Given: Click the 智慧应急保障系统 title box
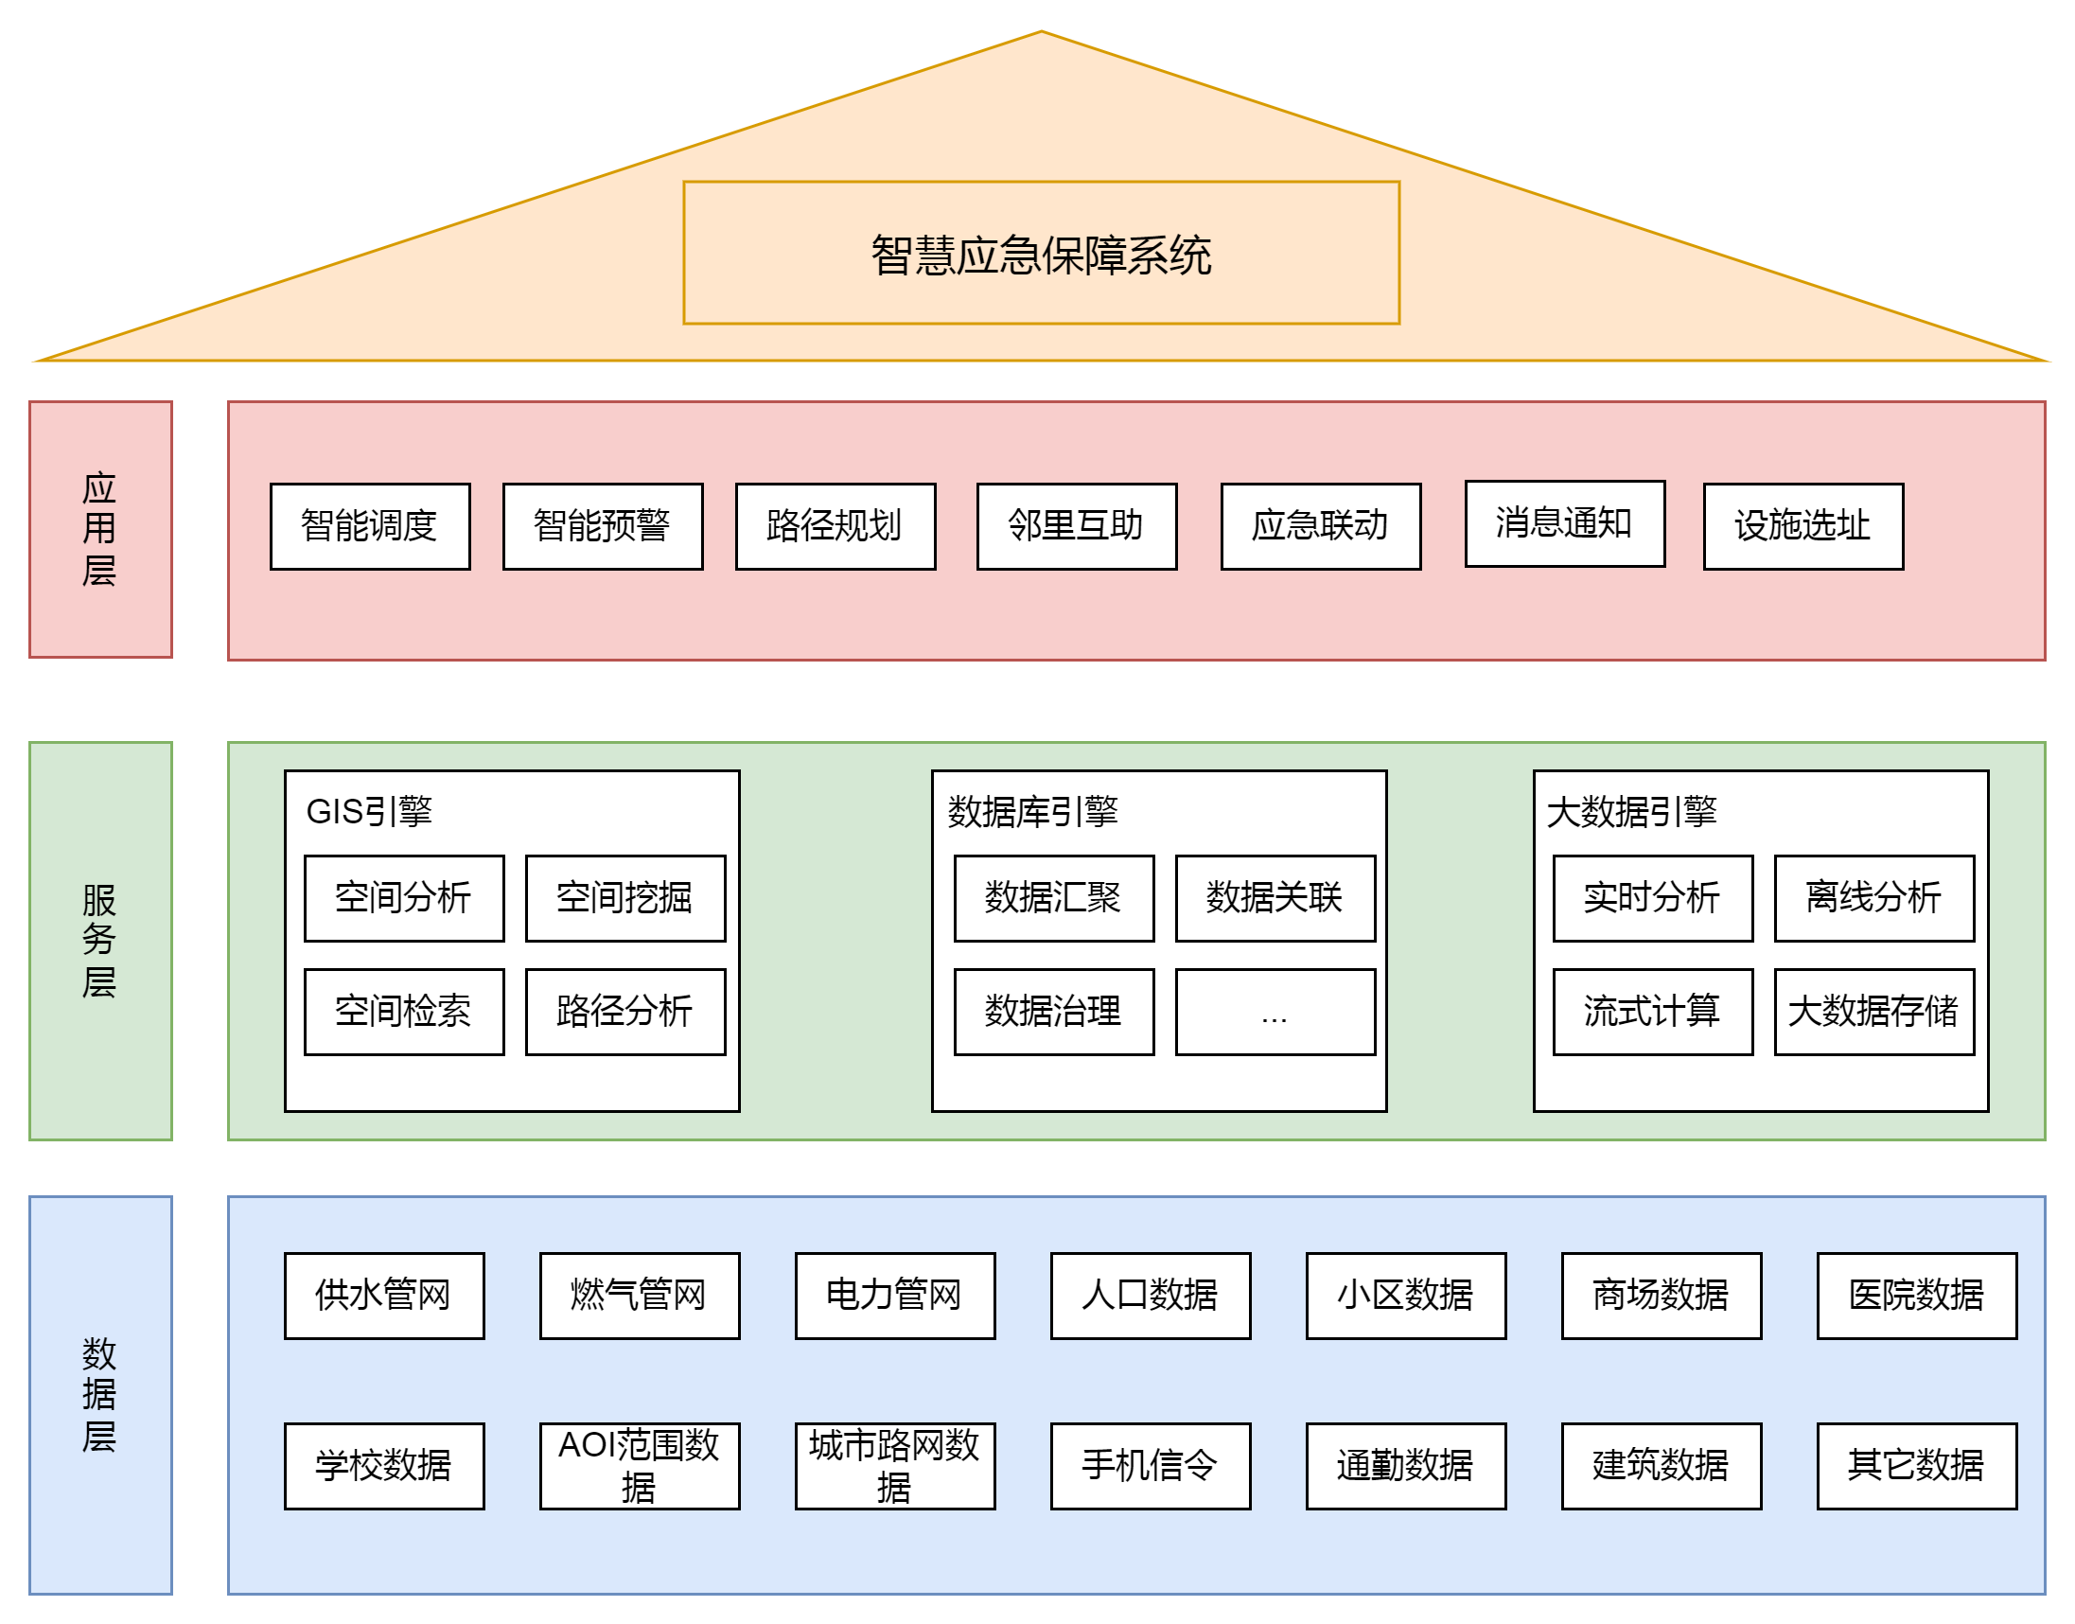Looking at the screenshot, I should click(1041, 253).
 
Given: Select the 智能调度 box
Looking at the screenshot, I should click(370, 526).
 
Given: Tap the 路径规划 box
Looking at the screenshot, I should click(835, 526).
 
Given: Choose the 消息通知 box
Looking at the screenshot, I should click(1564, 523).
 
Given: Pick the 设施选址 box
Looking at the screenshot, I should click(1802, 526).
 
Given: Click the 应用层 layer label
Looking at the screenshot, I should click(99, 529).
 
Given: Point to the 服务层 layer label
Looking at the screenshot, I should click(99, 940).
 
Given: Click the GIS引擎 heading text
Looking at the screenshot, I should click(369, 811).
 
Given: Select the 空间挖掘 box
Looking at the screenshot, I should click(624, 897).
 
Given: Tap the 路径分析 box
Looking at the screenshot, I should click(624, 1011).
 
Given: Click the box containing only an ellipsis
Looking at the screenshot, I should click(1274, 1011).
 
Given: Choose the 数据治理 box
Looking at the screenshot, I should click(1053, 1011).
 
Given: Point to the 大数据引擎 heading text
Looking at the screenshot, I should click(1631, 811).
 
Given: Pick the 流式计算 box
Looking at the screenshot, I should click(1652, 1011).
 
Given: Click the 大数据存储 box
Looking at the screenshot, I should click(1873, 1011).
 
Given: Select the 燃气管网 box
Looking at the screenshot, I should click(639, 1295).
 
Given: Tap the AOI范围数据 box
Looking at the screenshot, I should click(639, 1465).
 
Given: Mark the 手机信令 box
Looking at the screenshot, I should click(1150, 1465).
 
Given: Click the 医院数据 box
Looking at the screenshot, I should click(1915, 1295).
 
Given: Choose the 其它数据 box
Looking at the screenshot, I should click(1915, 1465).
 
